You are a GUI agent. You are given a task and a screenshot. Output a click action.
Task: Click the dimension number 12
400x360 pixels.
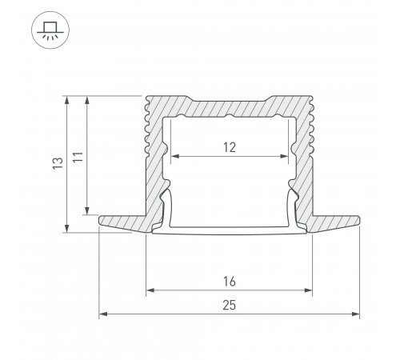230,147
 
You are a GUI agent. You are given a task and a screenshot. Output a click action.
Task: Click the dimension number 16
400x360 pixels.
230,282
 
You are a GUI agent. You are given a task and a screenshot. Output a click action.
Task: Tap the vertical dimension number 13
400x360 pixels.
57,164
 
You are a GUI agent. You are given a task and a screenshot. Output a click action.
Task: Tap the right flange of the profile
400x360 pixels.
336,221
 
